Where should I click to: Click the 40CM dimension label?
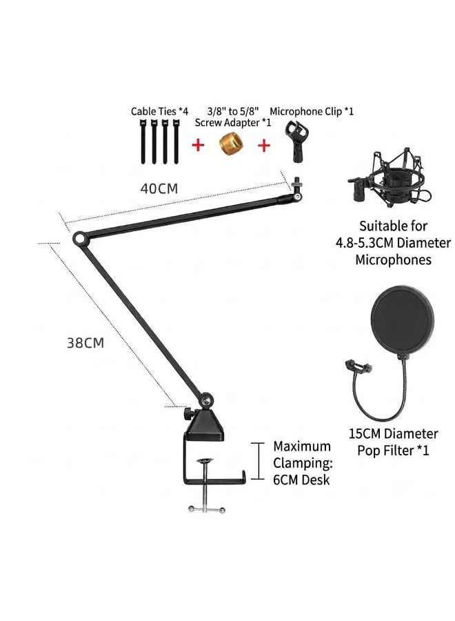pos(159,188)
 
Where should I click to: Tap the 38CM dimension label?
pos(85,342)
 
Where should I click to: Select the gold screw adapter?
pos(231,144)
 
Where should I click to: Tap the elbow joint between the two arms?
pos(80,239)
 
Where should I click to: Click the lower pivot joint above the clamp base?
pos(206,400)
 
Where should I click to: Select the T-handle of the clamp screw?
pos(206,509)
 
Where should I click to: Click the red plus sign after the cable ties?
pos(199,145)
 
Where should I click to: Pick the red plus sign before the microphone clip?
pos(264,146)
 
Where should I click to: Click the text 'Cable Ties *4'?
pos(160,112)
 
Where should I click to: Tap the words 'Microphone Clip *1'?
pos(312,112)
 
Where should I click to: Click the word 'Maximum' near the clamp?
pos(302,446)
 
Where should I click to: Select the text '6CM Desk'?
pos(301,480)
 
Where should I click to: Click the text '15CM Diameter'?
pos(393,434)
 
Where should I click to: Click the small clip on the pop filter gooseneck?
pos(358,366)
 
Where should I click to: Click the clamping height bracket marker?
pos(259,461)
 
